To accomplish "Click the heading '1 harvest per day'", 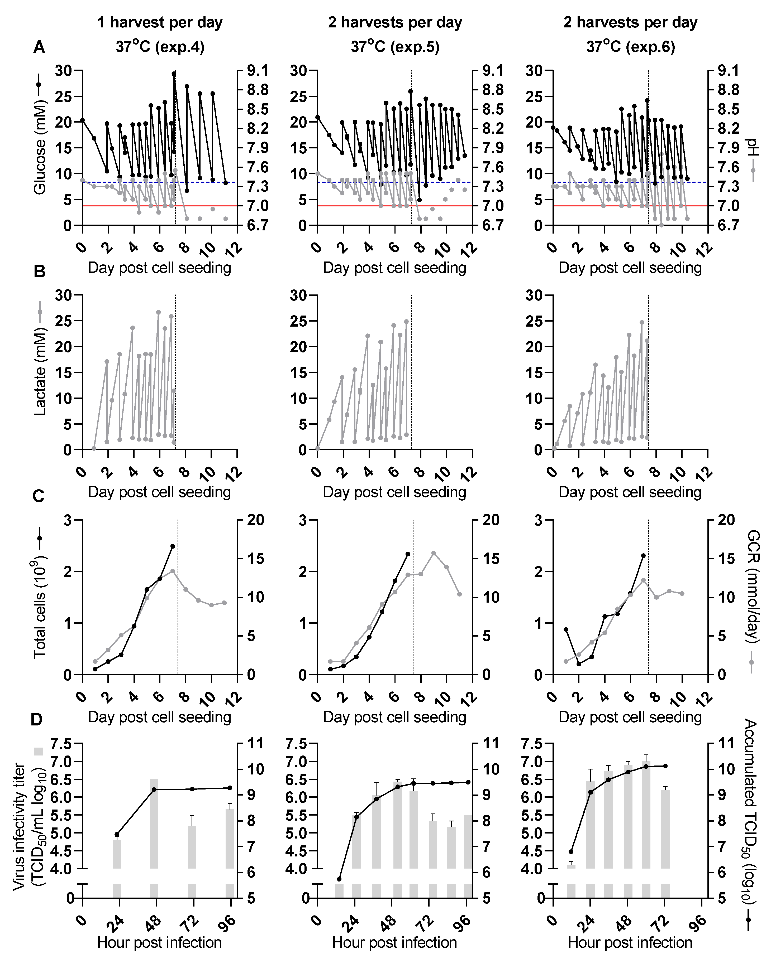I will (x=160, y=22).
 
